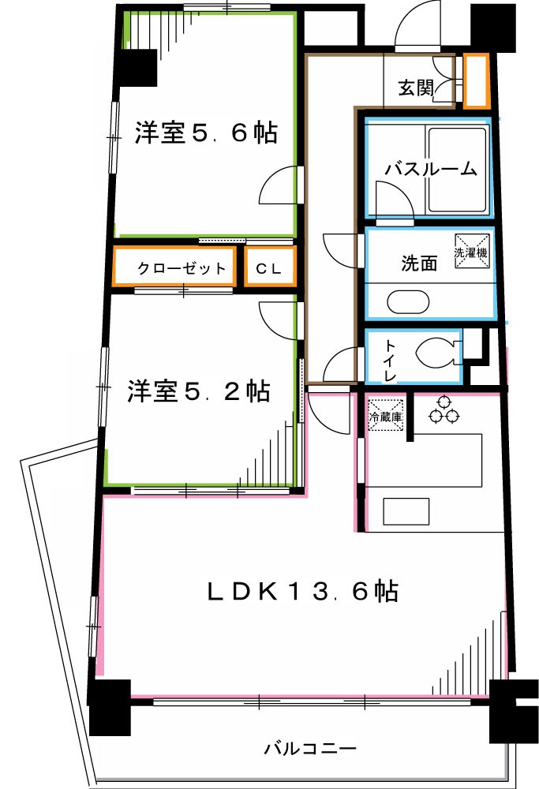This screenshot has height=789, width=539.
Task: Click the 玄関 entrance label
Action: (x=415, y=88)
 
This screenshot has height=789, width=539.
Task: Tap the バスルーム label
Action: (x=430, y=168)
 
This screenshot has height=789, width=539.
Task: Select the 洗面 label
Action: (x=418, y=264)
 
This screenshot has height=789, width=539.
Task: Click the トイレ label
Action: (x=391, y=358)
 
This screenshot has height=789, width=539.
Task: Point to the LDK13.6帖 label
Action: (x=302, y=591)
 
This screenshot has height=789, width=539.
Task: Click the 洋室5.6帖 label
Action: (x=205, y=133)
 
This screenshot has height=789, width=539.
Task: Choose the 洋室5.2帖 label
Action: (x=199, y=391)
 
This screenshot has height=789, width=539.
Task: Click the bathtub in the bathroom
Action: (x=457, y=170)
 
